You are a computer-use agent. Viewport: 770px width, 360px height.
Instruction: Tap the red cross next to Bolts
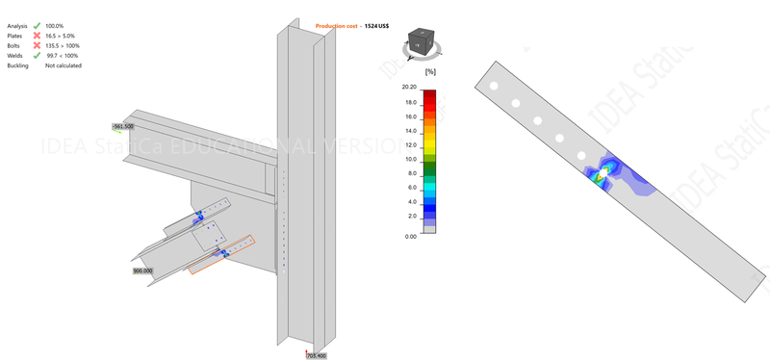click(37, 45)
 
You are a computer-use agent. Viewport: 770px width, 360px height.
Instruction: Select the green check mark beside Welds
click(37, 56)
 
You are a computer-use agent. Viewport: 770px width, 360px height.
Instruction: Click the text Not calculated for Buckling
click(64, 65)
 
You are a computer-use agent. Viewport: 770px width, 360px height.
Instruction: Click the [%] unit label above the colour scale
click(430, 71)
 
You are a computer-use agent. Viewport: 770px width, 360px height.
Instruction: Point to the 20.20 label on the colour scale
click(408, 88)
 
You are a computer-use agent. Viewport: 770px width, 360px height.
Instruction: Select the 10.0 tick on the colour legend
click(410, 159)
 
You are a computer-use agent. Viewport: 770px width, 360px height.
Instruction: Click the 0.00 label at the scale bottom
click(410, 235)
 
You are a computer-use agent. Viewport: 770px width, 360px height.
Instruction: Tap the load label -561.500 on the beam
click(122, 126)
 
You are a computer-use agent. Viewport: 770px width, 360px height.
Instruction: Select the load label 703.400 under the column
click(317, 355)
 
